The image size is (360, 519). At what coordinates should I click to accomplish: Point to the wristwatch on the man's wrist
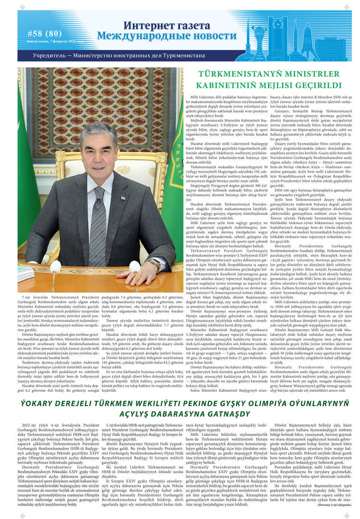click(154, 263)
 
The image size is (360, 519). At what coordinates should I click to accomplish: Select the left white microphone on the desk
click(56, 266)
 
